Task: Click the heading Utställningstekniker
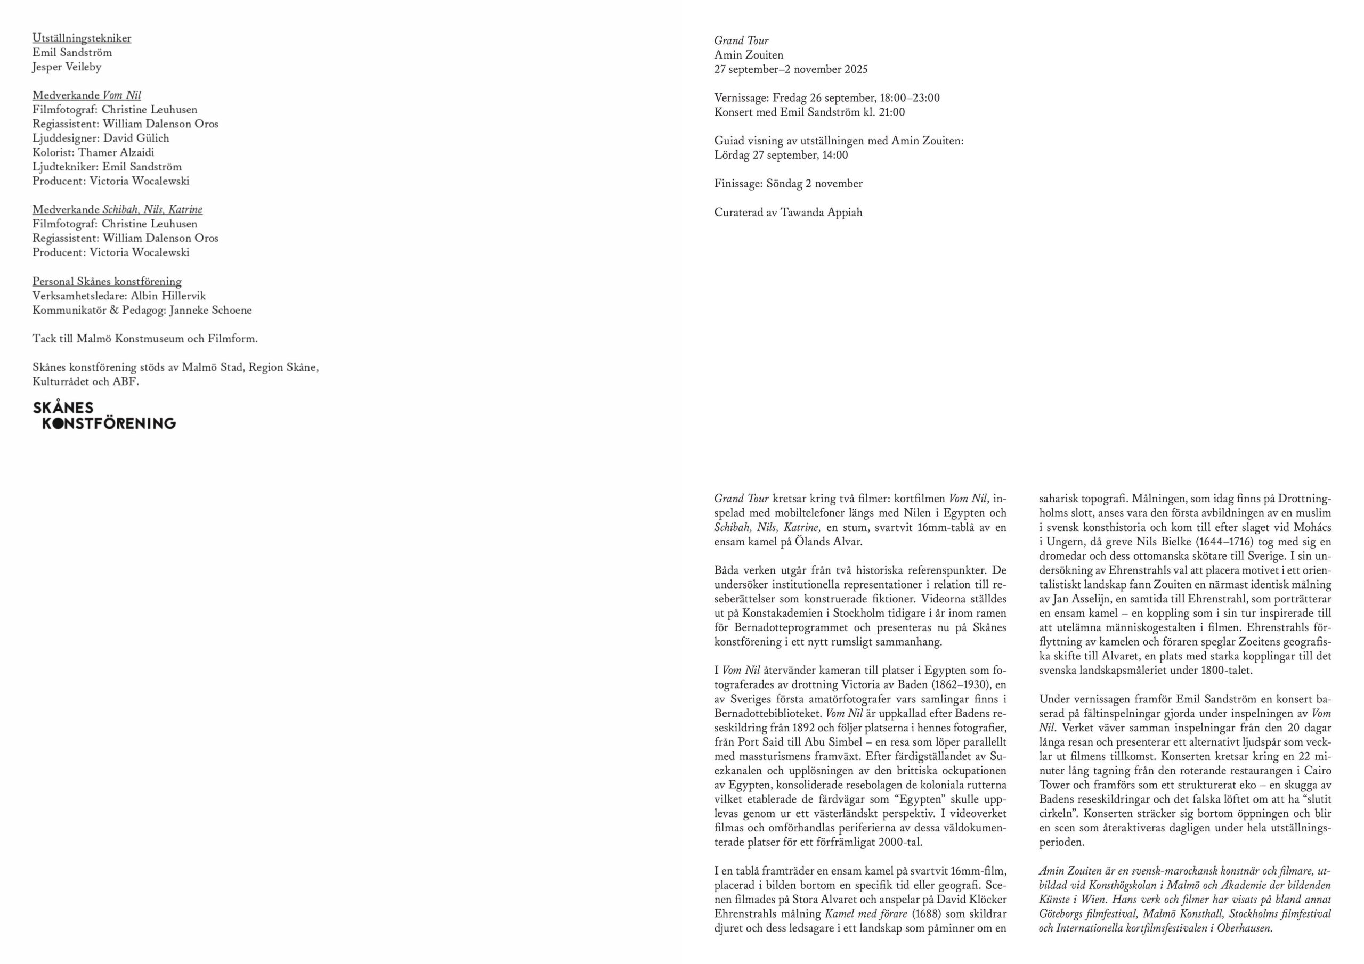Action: point(82,38)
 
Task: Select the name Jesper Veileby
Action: point(67,67)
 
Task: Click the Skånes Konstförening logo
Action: point(104,415)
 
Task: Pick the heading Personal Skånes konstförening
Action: point(107,282)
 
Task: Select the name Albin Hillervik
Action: point(168,296)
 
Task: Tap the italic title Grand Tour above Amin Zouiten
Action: point(741,41)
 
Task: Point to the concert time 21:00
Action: point(892,112)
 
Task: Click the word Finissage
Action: point(738,184)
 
